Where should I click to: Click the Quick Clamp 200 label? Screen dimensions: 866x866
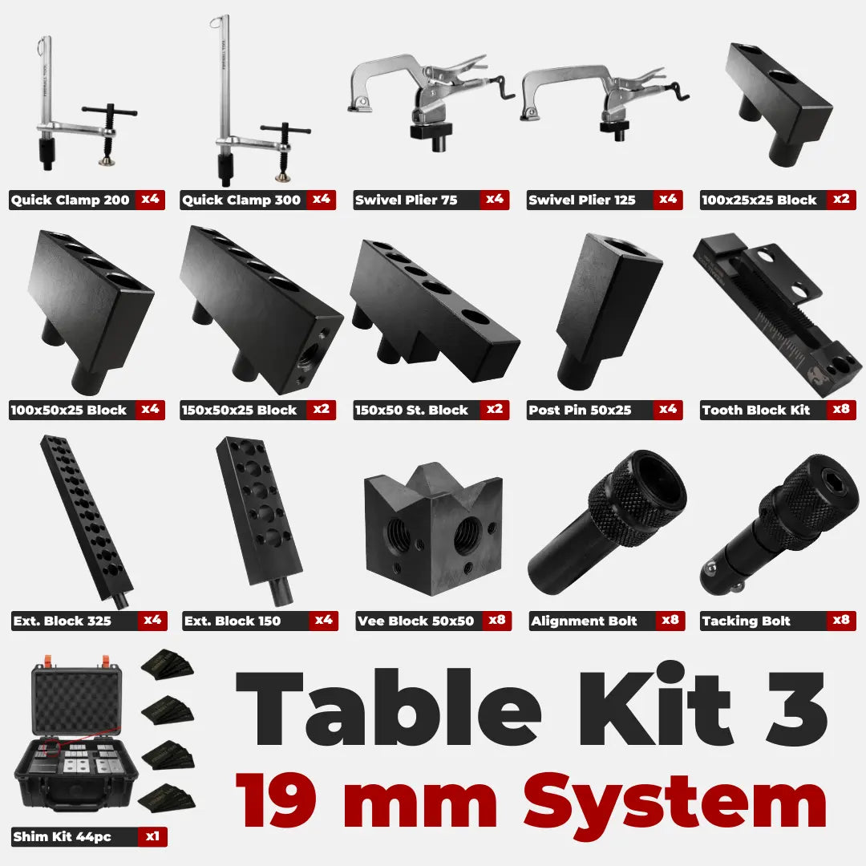[x=70, y=200]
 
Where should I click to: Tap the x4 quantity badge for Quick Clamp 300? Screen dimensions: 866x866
[x=322, y=200]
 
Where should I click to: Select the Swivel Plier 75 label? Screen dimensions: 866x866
[x=406, y=200]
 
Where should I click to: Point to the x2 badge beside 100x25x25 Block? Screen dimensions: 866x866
[x=841, y=200]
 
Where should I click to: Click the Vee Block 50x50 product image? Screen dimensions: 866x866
[x=434, y=528]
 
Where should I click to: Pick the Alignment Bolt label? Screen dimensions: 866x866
[x=584, y=621]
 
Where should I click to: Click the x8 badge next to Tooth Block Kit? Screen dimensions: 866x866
[x=841, y=409]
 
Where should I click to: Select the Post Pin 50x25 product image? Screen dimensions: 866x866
[x=608, y=311]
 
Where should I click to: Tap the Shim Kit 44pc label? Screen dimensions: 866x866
[x=62, y=836]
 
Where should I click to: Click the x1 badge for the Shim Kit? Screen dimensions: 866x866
[x=152, y=836]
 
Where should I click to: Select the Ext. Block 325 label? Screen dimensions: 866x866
[x=62, y=621]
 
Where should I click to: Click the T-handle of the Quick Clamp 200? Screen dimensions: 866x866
[x=110, y=111]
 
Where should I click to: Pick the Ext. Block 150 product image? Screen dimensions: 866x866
[x=260, y=519]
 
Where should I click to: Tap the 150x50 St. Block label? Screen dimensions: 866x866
[x=411, y=410]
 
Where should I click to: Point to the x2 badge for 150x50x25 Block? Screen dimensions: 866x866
[x=322, y=409]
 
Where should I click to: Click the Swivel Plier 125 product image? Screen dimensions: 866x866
[x=605, y=99]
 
